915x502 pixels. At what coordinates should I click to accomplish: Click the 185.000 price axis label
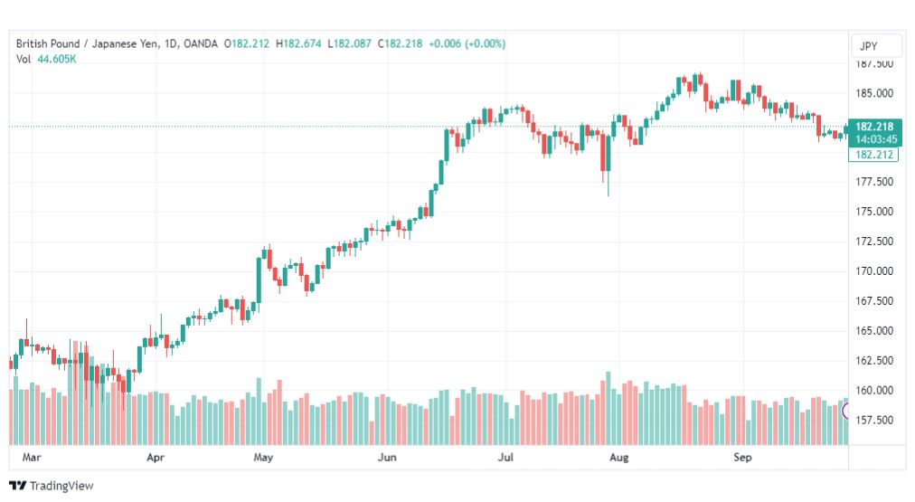[874, 93]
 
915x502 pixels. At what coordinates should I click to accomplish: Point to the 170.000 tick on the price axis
[874, 270]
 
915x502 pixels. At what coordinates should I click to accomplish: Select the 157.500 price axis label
[874, 420]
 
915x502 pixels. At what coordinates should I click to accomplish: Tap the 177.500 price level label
[874, 182]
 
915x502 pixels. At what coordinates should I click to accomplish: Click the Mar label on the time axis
[32, 457]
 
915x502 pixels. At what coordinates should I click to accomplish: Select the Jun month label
[387, 457]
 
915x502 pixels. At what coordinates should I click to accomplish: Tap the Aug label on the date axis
[619, 457]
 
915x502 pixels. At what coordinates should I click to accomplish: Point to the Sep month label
[742, 457]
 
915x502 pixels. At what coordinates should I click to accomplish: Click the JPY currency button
[868, 46]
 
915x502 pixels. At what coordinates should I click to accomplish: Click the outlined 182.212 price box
[873, 155]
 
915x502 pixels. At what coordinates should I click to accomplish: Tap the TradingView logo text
[61, 486]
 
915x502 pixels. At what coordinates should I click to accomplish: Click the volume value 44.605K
[57, 59]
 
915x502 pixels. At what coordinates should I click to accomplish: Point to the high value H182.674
[298, 43]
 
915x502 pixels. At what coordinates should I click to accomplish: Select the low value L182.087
[349, 43]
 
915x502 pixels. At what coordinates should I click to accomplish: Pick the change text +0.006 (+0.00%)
[467, 43]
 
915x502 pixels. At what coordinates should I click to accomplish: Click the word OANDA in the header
[200, 43]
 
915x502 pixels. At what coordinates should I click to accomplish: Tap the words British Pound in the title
[48, 43]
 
